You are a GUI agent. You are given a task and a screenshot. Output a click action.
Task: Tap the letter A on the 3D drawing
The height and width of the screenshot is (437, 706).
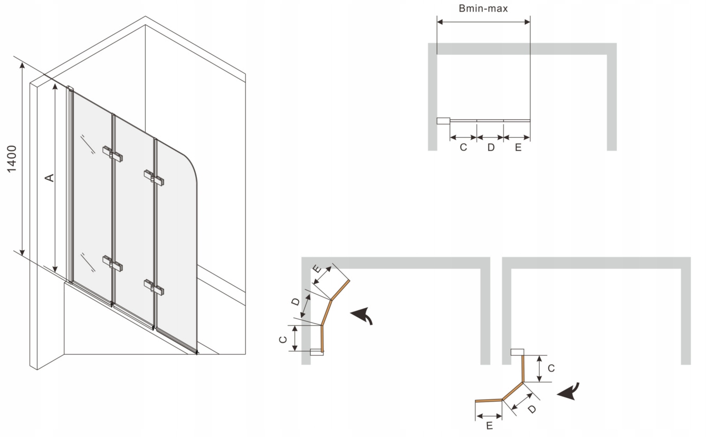[x=49, y=178]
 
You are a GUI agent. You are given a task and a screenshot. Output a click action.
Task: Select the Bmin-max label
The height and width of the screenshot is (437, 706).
[x=483, y=8]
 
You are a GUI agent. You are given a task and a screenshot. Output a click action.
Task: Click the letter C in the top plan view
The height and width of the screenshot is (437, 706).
[x=463, y=148]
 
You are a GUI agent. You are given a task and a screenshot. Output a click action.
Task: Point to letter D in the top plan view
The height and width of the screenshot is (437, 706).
[x=491, y=148]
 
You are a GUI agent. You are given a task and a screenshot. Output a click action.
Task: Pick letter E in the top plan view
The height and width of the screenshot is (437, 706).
[x=518, y=148]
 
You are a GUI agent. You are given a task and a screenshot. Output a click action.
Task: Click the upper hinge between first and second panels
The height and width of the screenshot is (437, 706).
[x=112, y=153]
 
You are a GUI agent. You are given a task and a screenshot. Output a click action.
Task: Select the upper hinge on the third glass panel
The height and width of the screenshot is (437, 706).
[x=154, y=177]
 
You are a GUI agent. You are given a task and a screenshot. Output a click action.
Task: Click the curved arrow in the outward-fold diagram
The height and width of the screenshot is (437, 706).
[x=568, y=391]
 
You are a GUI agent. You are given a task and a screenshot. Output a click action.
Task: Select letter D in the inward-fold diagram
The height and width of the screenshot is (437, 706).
[x=296, y=302]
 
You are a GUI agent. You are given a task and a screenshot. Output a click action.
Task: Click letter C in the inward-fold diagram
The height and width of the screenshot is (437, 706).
[x=283, y=339]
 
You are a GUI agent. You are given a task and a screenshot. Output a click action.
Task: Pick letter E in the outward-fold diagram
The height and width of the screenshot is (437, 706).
[x=489, y=425]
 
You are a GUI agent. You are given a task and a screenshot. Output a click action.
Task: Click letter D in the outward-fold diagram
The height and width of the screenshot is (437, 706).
[x=531, y=408]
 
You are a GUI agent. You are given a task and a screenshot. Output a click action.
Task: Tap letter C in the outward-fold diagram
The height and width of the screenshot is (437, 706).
[x=550, y=368]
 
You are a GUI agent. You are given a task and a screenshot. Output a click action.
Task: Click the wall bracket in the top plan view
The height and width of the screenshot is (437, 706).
[x=443, y=121]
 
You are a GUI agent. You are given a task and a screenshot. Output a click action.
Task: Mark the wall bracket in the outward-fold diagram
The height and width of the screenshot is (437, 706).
[x=517, y=352]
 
